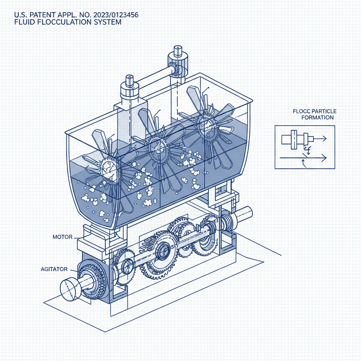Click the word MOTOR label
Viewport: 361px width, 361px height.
pos(62,237)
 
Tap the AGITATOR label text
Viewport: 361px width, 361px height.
pos(54,269)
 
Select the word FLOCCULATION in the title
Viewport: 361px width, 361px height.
pos(61,22)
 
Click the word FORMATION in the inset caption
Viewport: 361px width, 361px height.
pos(318,117)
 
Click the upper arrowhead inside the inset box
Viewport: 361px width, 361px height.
pos(324,139)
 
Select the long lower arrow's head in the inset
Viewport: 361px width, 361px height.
pos(324,158)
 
